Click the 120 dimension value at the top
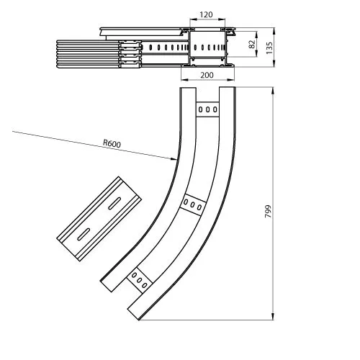(x=206, y=15)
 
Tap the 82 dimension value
(x=252, y=44)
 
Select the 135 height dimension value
(x=269, y=48)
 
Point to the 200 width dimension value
(x=207, y=75)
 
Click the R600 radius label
(x=112, y=143)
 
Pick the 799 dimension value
(x=268, y=211)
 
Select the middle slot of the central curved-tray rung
(x=192, y=204)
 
